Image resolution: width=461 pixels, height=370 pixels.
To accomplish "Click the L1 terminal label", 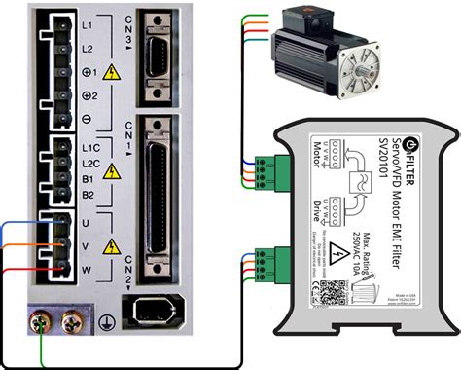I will coord(87,25).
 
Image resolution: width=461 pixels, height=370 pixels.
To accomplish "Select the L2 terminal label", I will coord(87,49).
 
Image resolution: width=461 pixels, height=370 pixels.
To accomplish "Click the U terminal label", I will coord(87,222).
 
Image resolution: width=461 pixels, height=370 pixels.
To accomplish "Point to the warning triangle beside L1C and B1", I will coord(113,171).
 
